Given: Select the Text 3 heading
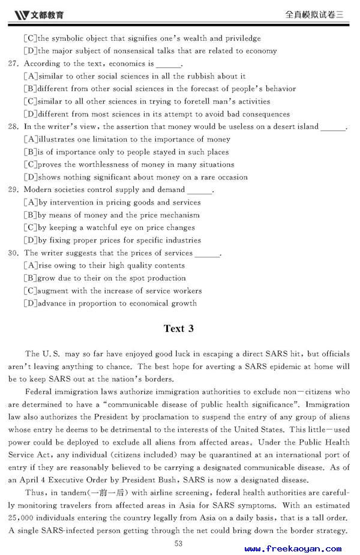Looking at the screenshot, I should point(179,329).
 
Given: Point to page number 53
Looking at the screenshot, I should point(178,544).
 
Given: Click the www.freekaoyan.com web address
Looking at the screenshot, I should point(293,548).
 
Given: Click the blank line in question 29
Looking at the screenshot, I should point(200,191).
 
